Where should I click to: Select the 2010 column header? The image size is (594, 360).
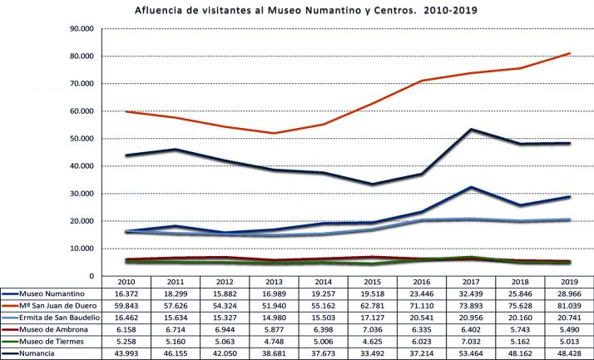click(127, 282)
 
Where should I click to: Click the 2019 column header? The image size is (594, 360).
click(547, 282)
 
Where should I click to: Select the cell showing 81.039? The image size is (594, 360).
click(547, 306)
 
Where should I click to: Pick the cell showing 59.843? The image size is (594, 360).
click(127, 306)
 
